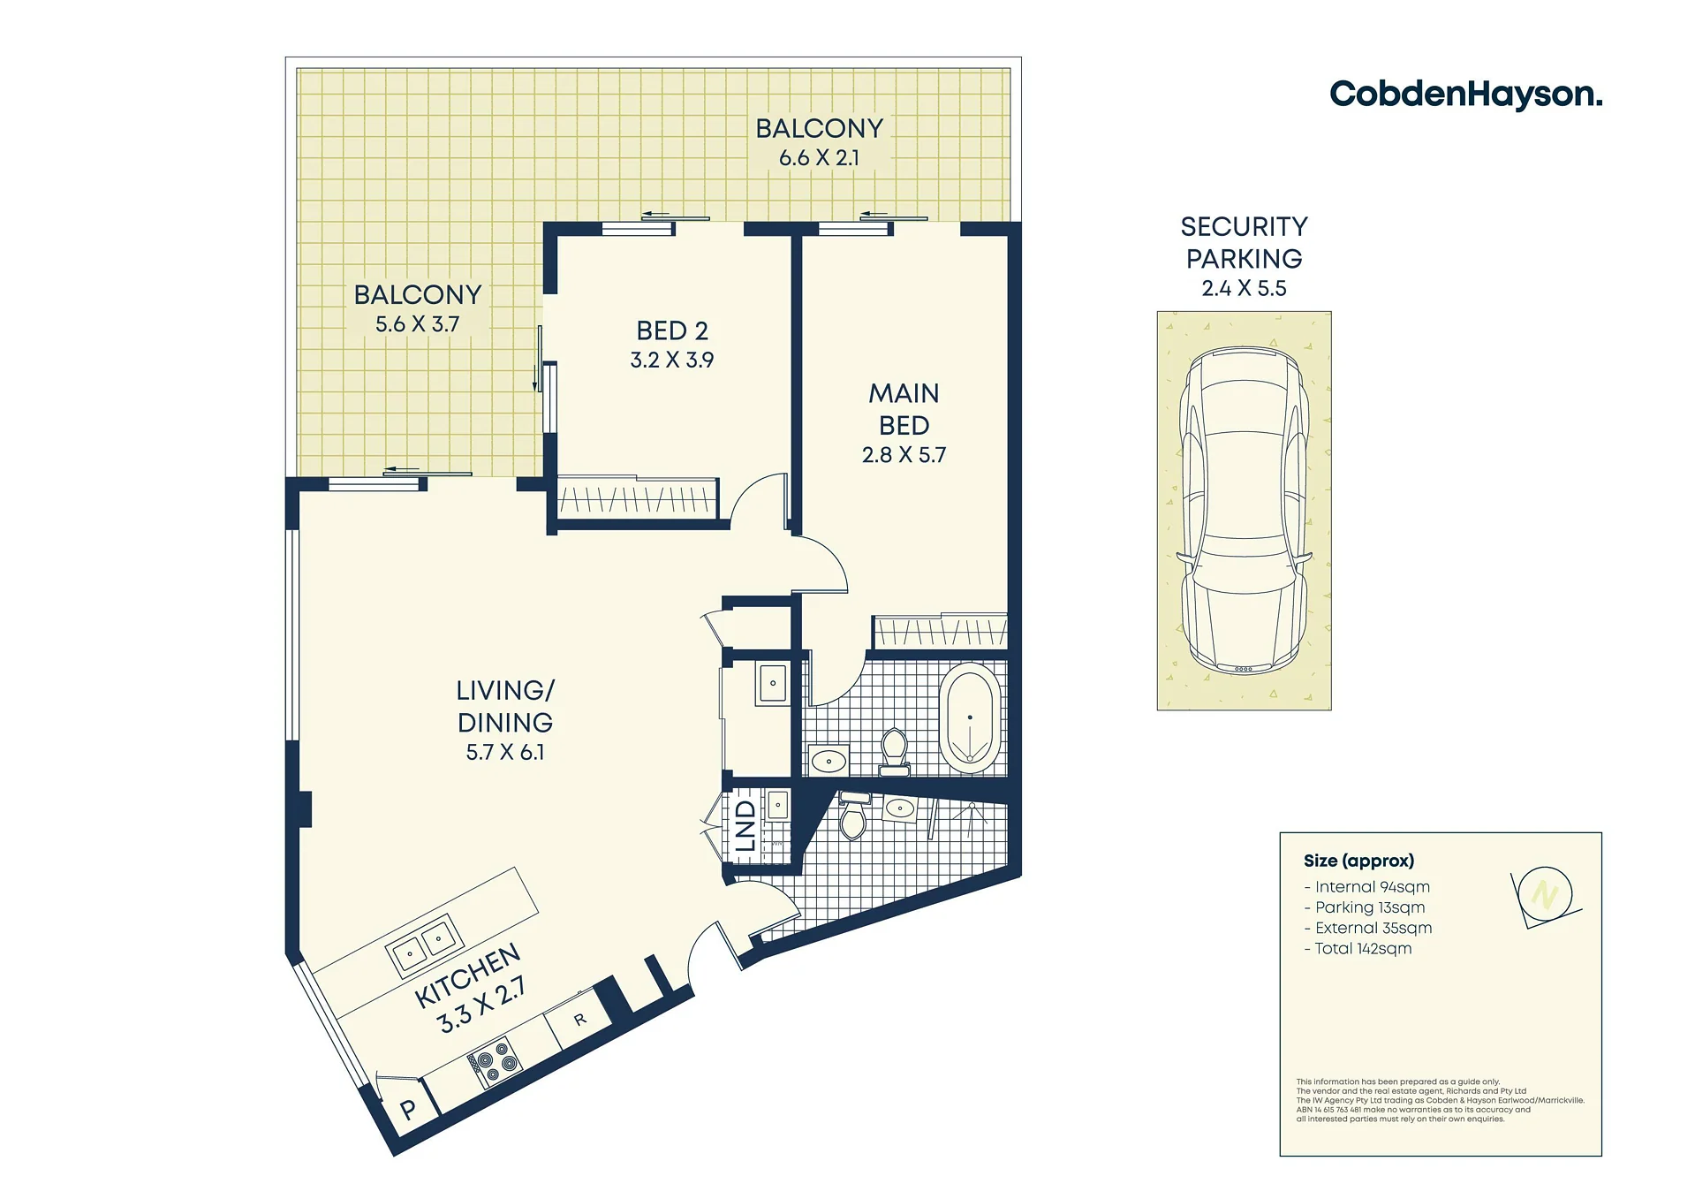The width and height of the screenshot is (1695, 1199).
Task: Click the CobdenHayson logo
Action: (x=1465, y=94)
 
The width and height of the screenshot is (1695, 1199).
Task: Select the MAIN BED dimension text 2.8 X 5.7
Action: (x=904, y=455)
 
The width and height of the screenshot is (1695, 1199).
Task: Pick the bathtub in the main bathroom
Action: (x=970, y=718)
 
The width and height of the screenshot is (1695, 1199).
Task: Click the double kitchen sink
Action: (x=424, y=945)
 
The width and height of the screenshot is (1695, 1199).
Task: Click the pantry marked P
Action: (x=408, y=1108)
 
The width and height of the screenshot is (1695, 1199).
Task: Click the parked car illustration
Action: (x=1244, y=511)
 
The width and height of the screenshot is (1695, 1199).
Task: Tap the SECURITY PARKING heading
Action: (x=1244, y=242)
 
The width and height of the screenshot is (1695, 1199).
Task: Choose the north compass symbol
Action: (x=1545, y=896)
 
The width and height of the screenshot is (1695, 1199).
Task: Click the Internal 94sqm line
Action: (x=1366, y=887)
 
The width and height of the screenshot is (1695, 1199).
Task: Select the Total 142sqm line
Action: (x=1358, y=949)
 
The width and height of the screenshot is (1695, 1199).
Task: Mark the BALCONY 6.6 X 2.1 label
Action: (x=820, y=142)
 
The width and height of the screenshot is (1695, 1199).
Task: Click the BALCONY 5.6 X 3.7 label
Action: (x=418, y=308)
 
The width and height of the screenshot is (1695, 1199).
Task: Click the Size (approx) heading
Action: (x=1358, y=861)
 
